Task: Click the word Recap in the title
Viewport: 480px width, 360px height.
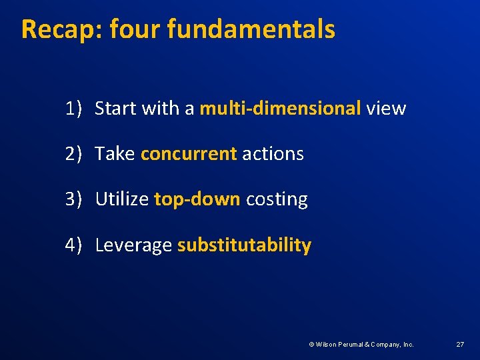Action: coord(59,29)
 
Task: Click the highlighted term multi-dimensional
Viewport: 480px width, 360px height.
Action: coord(280,108)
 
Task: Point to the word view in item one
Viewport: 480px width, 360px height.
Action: coord(386,108)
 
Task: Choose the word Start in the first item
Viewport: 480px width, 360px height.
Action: coord(117,108)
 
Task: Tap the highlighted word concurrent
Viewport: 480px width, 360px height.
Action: coord(189,153)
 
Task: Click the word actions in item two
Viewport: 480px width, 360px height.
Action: coord(273,153)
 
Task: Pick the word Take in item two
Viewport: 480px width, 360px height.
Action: coord(115,153)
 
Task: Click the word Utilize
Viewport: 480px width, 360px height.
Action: coord(121,199)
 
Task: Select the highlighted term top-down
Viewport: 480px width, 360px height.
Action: coord(197,199)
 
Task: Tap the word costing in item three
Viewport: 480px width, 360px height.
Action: coord(277,199)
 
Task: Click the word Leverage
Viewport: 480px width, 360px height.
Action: coord(133,245)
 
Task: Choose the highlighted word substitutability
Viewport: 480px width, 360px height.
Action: coord(244,245)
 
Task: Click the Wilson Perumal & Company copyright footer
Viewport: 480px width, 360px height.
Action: coord(361,344)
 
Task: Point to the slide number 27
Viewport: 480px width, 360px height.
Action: coord(460,344)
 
